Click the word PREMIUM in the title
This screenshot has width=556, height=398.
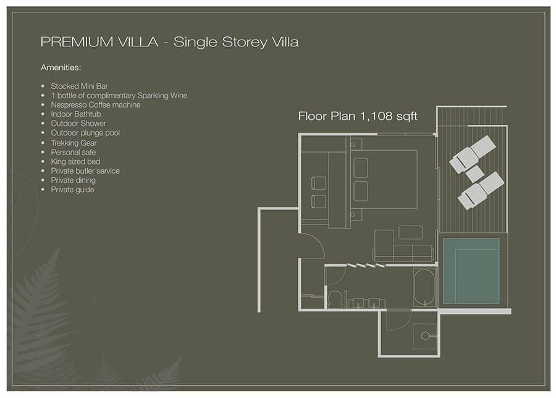tap(77, 42)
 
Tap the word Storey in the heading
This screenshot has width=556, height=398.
tap(245, 43)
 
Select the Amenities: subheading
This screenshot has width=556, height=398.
tap(61, 67)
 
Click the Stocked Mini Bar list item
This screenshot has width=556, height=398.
tap(79, 86)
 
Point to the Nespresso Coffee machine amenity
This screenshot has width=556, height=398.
tap(95, 105)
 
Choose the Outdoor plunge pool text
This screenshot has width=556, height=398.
tap(85, 133)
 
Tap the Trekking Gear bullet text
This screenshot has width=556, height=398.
tap(74, 143)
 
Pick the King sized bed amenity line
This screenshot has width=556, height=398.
tap(75, 162)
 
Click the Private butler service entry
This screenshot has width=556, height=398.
tap(85, 171)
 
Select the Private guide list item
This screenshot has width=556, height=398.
tap(72, 190)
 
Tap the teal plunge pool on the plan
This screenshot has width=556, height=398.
tap(471, 271)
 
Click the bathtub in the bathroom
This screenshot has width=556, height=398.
tap(424, 287)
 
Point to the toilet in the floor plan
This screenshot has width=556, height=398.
tap(335, 298)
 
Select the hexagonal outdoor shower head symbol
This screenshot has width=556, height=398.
tap(425, 336)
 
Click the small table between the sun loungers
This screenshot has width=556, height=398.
tap(474, 174)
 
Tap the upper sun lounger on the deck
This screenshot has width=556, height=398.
tap(473, 154)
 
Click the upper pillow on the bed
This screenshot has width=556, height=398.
tap(361, 167)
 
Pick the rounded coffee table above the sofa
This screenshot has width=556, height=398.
tap(411, 232)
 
